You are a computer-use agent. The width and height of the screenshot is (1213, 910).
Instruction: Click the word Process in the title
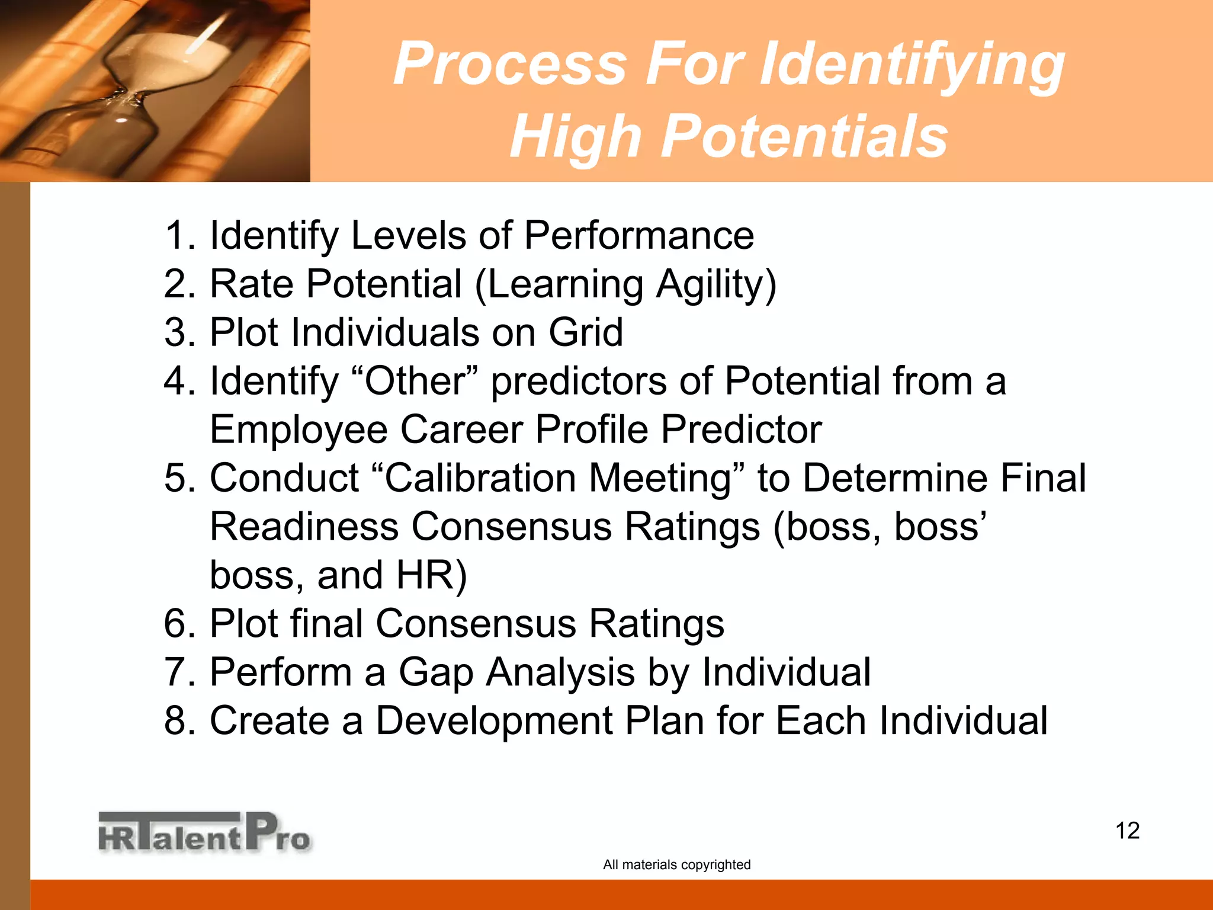510,64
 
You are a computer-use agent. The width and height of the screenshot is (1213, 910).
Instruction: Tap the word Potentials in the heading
803,137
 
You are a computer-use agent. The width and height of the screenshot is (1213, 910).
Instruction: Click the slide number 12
1127,831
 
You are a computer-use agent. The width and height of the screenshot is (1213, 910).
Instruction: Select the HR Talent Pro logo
204,832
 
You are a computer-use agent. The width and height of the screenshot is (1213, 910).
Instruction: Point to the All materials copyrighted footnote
676,864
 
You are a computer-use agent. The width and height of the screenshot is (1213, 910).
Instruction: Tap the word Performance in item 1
638,235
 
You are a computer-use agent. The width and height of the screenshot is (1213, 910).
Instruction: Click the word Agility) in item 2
716,285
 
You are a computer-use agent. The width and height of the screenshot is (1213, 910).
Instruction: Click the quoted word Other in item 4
415,381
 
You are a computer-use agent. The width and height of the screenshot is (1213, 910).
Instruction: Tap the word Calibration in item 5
480,478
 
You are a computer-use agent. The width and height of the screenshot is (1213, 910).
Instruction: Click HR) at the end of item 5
431,575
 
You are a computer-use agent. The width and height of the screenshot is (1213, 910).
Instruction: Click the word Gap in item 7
435,672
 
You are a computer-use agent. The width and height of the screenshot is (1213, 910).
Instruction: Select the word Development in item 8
494,721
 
